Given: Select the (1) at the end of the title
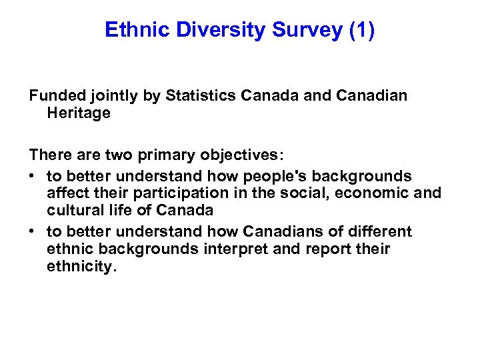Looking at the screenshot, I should (x=361, y=30).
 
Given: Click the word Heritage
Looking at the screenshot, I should (x=79, y=113).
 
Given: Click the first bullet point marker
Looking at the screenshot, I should (x=33, y=177).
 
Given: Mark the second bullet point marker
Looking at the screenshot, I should (x=33, y=232).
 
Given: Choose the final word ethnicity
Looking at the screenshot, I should (x=81, y=267).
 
